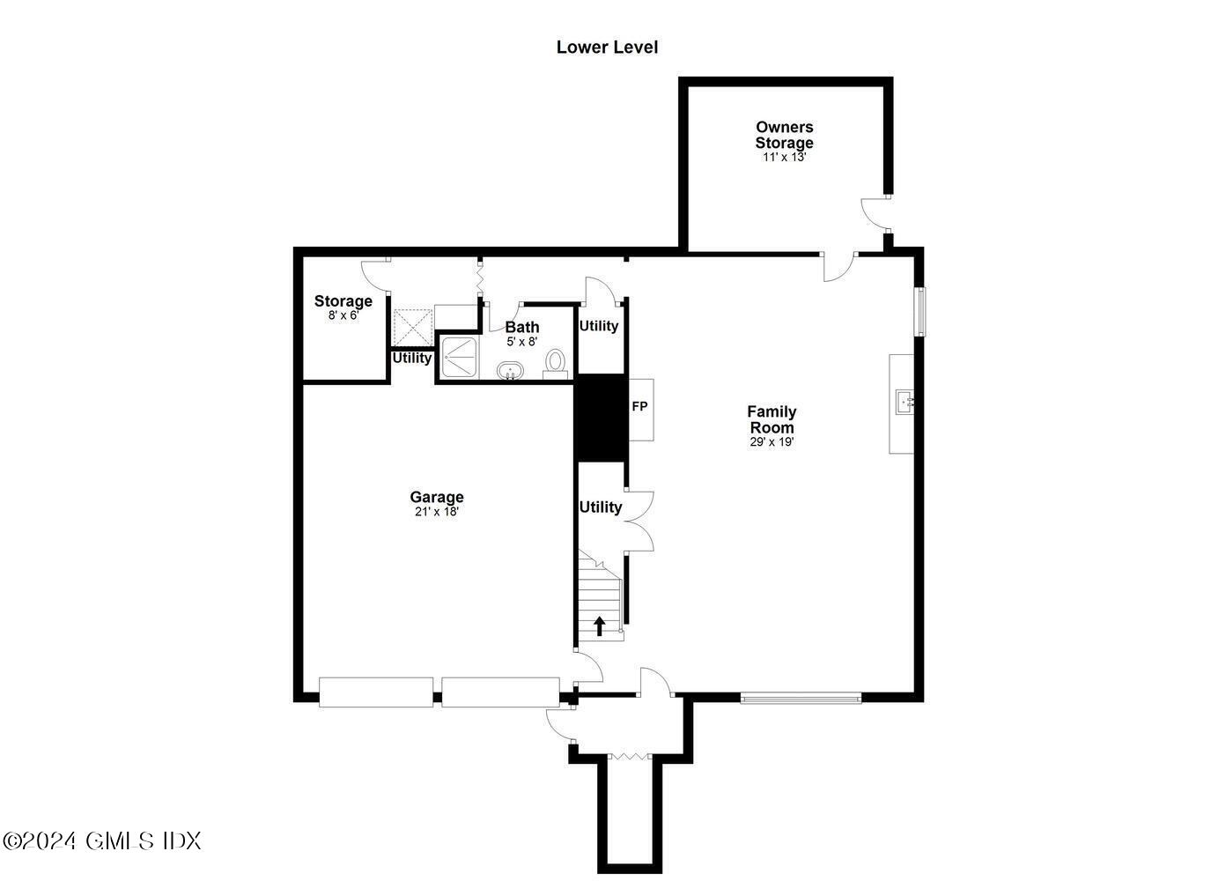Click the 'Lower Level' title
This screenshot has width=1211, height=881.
(607, 48)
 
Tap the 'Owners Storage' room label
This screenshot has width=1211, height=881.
(784, 135)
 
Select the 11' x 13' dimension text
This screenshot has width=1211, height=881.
(784, 157)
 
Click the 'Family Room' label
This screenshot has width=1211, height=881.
(772, 419)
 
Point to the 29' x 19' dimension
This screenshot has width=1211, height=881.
(772, 442)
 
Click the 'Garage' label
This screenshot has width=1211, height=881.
(437, 497)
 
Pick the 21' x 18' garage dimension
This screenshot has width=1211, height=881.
(437, 512)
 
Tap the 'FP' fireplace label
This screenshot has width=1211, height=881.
(639, 407)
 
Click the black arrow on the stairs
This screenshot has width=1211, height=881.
(600, 626)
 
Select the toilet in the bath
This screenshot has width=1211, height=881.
(555, 362)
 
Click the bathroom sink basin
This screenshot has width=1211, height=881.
(509, 371)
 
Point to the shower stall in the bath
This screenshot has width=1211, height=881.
(458, 357)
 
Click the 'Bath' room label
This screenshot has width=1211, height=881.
(521, 327)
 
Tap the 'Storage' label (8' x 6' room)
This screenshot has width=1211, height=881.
(343, 300)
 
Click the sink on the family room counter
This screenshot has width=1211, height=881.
(905, 403)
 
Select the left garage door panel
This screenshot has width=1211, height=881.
(376, 692)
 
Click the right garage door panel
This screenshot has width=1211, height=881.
(500, 692)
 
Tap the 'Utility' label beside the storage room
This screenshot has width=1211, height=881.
(412, 358)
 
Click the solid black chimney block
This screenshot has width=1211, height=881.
(600, 417)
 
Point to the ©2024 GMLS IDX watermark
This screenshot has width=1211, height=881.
(102, 840)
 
